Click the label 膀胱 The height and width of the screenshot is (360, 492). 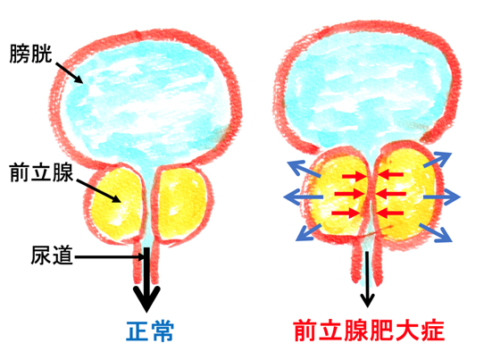[x=30, y=54]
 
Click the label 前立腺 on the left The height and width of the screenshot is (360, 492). [x=41, y=172]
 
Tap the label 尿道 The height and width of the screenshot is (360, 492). [x=52, y=255]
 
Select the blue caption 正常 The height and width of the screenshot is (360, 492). [x=150, y=331]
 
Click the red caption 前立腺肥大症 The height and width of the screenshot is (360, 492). [x=370, y=331]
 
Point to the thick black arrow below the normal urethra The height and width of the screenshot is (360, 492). [x=146, y=280]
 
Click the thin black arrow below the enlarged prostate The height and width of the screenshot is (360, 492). [x=367, y=279]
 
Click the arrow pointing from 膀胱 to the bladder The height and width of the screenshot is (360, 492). [x=70, y=73]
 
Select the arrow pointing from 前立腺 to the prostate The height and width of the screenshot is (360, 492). [x=98, y=191]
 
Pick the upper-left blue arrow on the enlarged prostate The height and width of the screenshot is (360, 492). [x=304, y=169]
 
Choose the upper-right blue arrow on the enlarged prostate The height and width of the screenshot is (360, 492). [x=438, y=160]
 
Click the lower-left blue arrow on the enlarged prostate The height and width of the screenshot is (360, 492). [x=309, y=232]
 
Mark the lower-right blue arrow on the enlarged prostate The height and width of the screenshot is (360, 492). [x=436, y=232]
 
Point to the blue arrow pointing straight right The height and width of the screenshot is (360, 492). [x=442, y=197]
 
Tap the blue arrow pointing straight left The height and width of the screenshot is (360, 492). [x=303, y=197]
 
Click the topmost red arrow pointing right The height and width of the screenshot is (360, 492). [x=354, y=176]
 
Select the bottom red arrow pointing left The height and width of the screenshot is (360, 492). [x=389, y=213]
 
